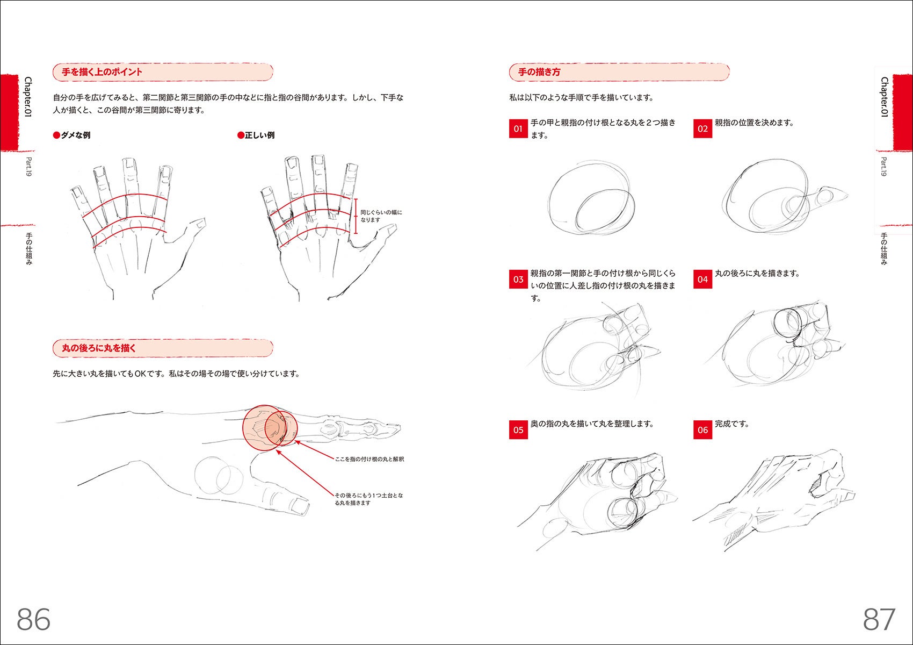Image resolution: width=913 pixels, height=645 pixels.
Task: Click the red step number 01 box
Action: [518, 128]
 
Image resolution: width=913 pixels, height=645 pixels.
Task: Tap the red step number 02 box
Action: [702, 128]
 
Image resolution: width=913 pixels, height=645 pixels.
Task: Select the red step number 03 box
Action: [518, 279]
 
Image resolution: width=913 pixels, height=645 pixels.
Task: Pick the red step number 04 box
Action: [702, 279]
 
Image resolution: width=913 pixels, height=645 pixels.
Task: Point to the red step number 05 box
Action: [518, 429]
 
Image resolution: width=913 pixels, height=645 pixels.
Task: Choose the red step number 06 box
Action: [702, 429]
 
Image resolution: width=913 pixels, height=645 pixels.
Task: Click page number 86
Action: [33, 619]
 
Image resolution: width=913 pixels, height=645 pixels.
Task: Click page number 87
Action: [879, 619]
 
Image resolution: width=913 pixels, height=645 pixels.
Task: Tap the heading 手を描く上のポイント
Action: [102, 72]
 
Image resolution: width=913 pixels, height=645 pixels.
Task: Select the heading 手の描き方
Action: [539, 72]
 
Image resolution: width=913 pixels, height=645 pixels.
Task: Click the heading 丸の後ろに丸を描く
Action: [99, 348]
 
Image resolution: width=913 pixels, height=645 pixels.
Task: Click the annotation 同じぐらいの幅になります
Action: [381, 216]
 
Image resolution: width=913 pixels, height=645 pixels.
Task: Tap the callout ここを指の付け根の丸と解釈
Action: [369, 459]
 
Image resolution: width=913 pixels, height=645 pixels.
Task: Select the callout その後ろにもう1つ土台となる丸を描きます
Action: [369, 499]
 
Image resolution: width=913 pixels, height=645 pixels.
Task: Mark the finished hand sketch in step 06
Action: [774, 500]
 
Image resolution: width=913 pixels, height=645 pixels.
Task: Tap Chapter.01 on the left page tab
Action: [28, 97]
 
